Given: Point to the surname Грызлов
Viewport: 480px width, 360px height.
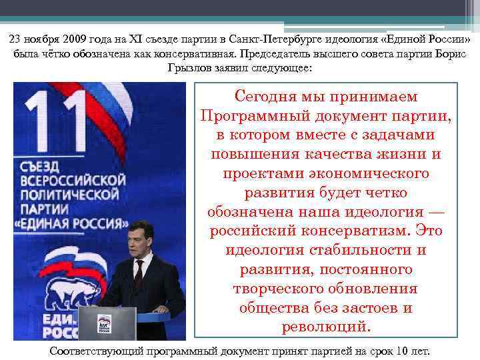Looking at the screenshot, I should pos(190,67).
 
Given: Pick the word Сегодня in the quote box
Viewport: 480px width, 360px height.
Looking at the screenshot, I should pos(273,97).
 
